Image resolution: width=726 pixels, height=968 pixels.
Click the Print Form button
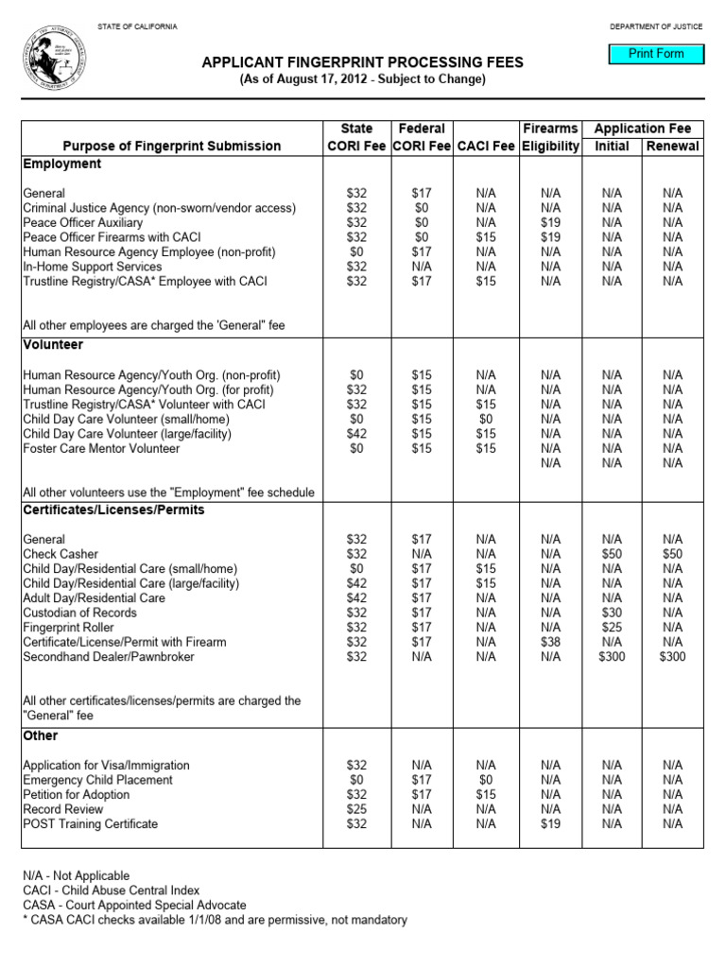657,54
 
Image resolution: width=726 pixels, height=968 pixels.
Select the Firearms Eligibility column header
549,137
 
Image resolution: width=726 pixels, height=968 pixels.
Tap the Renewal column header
672,146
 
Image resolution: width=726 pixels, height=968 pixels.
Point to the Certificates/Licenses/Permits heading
113,510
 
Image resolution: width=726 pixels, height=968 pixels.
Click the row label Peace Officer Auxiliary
94,222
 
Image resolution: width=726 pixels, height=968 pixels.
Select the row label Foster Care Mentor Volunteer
101,448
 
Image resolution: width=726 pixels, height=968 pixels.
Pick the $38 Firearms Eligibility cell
550,642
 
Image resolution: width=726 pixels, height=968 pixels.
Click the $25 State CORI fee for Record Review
357,809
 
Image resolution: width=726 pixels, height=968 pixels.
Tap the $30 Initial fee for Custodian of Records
612,613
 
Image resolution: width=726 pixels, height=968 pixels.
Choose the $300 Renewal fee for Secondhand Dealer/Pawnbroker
672,657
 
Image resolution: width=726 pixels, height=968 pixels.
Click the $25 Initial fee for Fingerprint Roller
612,628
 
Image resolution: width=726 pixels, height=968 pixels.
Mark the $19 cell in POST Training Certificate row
550,824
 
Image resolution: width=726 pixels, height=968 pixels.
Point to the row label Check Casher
60,554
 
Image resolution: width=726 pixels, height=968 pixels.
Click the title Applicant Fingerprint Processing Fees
362,62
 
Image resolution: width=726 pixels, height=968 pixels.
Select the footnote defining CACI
112,890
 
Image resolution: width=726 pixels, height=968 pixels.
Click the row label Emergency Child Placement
98,780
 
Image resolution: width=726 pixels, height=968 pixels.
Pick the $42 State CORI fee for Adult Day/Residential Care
357,598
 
